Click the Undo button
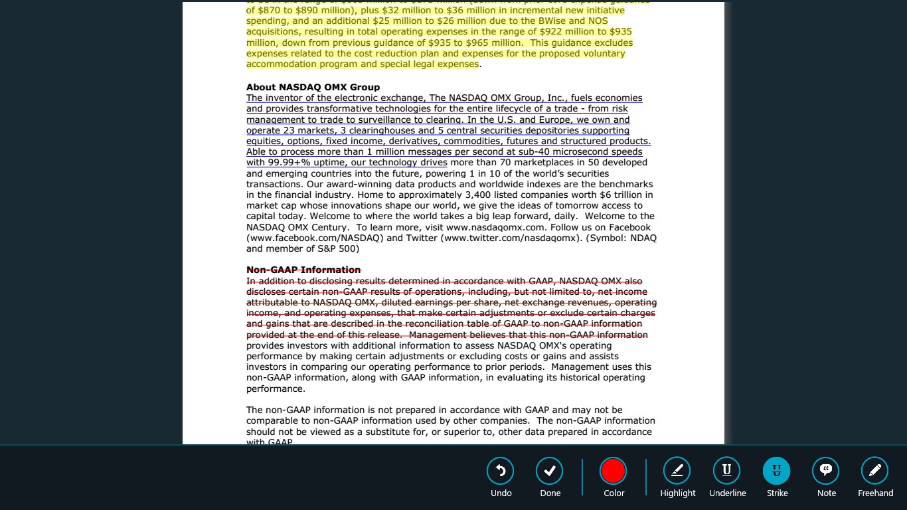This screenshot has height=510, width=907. [x=501, y=471]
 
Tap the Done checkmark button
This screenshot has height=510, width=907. [x=550, y=471]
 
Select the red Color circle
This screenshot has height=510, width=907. [x=613, y=471]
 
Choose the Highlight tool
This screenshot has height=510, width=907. [x=677, y=471]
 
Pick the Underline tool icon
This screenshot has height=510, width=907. [x=727, y=471]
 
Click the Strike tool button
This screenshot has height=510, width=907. [x=777, y=471]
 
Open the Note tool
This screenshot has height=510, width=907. [x=826, y=471]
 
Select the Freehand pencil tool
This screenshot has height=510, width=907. [x=875, y=471]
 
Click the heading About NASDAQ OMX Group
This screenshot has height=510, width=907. [x=313, y=87]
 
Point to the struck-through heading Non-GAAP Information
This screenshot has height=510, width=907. [x=303, y=270]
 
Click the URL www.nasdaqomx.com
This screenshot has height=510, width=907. [x=506, y=227]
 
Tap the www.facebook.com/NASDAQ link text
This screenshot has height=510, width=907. [x=315, y=238]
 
